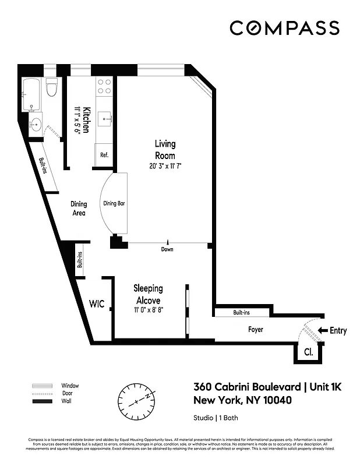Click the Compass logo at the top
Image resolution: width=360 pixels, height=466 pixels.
click(x=284, y=28)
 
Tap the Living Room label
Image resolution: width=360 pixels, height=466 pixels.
click(x=165, y=150)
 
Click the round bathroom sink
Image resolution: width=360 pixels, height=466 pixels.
click(x=35, y=123)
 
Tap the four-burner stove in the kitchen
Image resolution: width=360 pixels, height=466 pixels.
click(x=104, y=86)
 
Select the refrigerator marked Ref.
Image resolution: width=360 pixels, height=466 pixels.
click(x=104, y=155)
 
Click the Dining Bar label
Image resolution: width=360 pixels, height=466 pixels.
click(x=115, y=204)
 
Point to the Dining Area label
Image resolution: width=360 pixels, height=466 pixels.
click(x=79, y=209)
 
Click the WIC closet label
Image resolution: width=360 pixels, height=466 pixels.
click(x=97, y=304)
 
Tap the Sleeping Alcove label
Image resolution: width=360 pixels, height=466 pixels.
click(x=148, y=294)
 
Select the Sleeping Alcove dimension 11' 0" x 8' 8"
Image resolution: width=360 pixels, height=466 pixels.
click(x=148, y=310)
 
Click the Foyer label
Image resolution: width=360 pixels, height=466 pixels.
click(x=255, y=330)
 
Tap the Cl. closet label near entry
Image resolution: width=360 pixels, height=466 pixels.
click(x=308, y=352)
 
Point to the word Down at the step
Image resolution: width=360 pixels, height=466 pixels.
click(x=168, y=249)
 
